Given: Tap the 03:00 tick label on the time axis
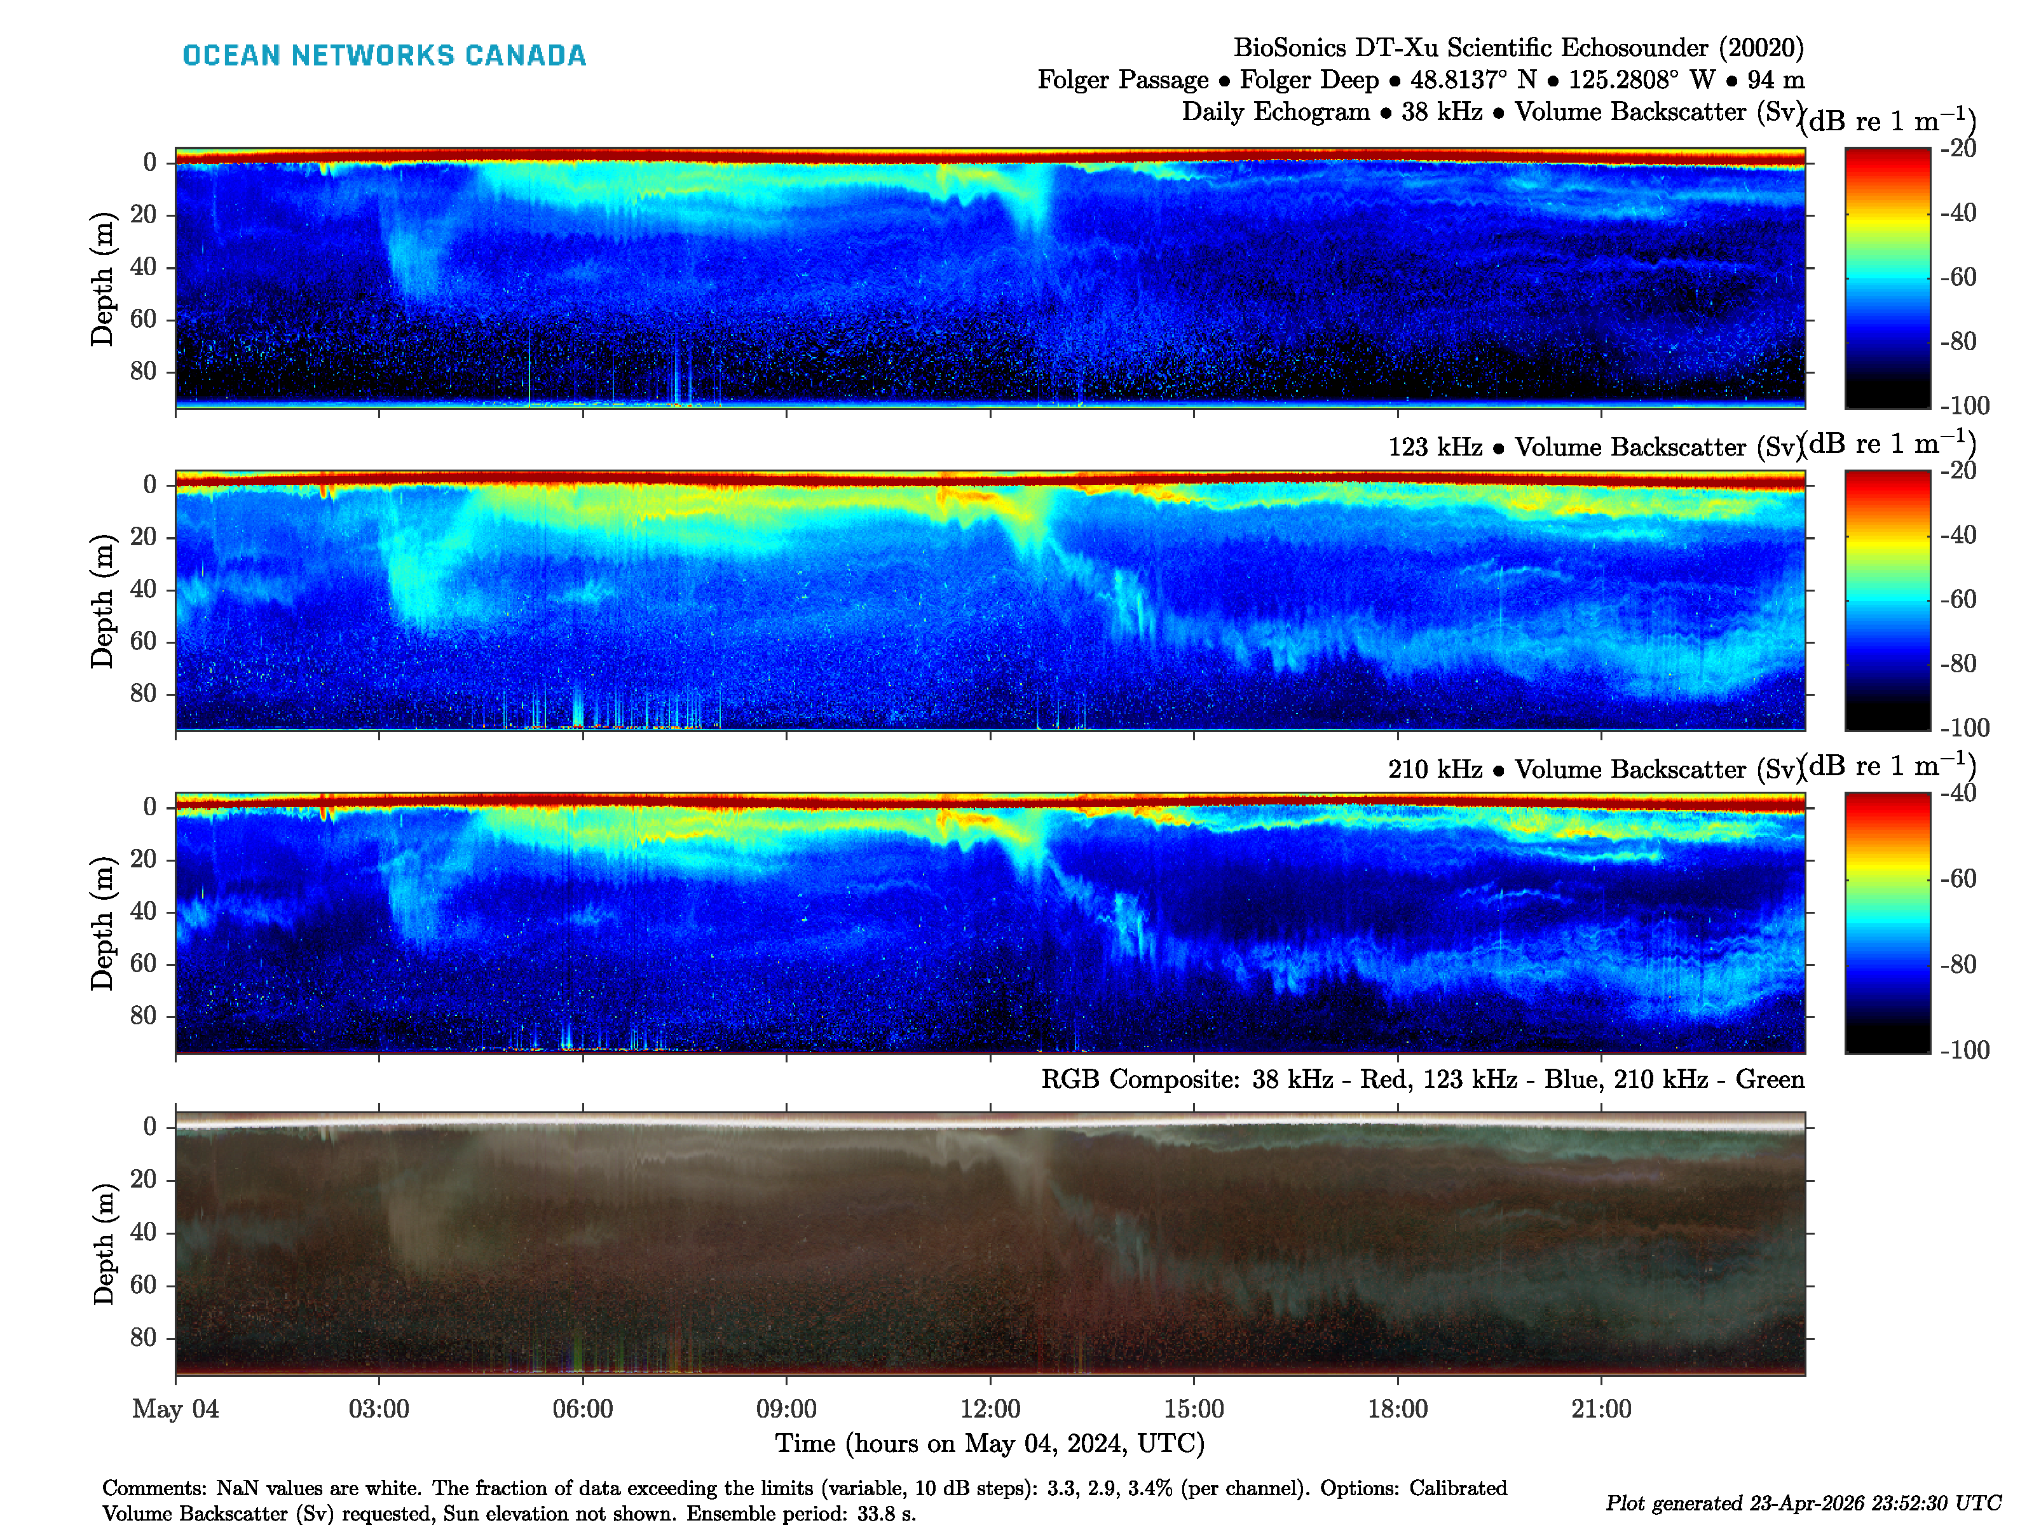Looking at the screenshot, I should [378, 1408].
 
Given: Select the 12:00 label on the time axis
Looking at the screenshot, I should [990, 1408].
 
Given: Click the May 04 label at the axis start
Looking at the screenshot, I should [175, 1408].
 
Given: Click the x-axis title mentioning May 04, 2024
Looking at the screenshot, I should [990, 1443].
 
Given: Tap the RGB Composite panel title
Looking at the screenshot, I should [1422, 1078].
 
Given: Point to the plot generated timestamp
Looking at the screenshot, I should [1802, 1503].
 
